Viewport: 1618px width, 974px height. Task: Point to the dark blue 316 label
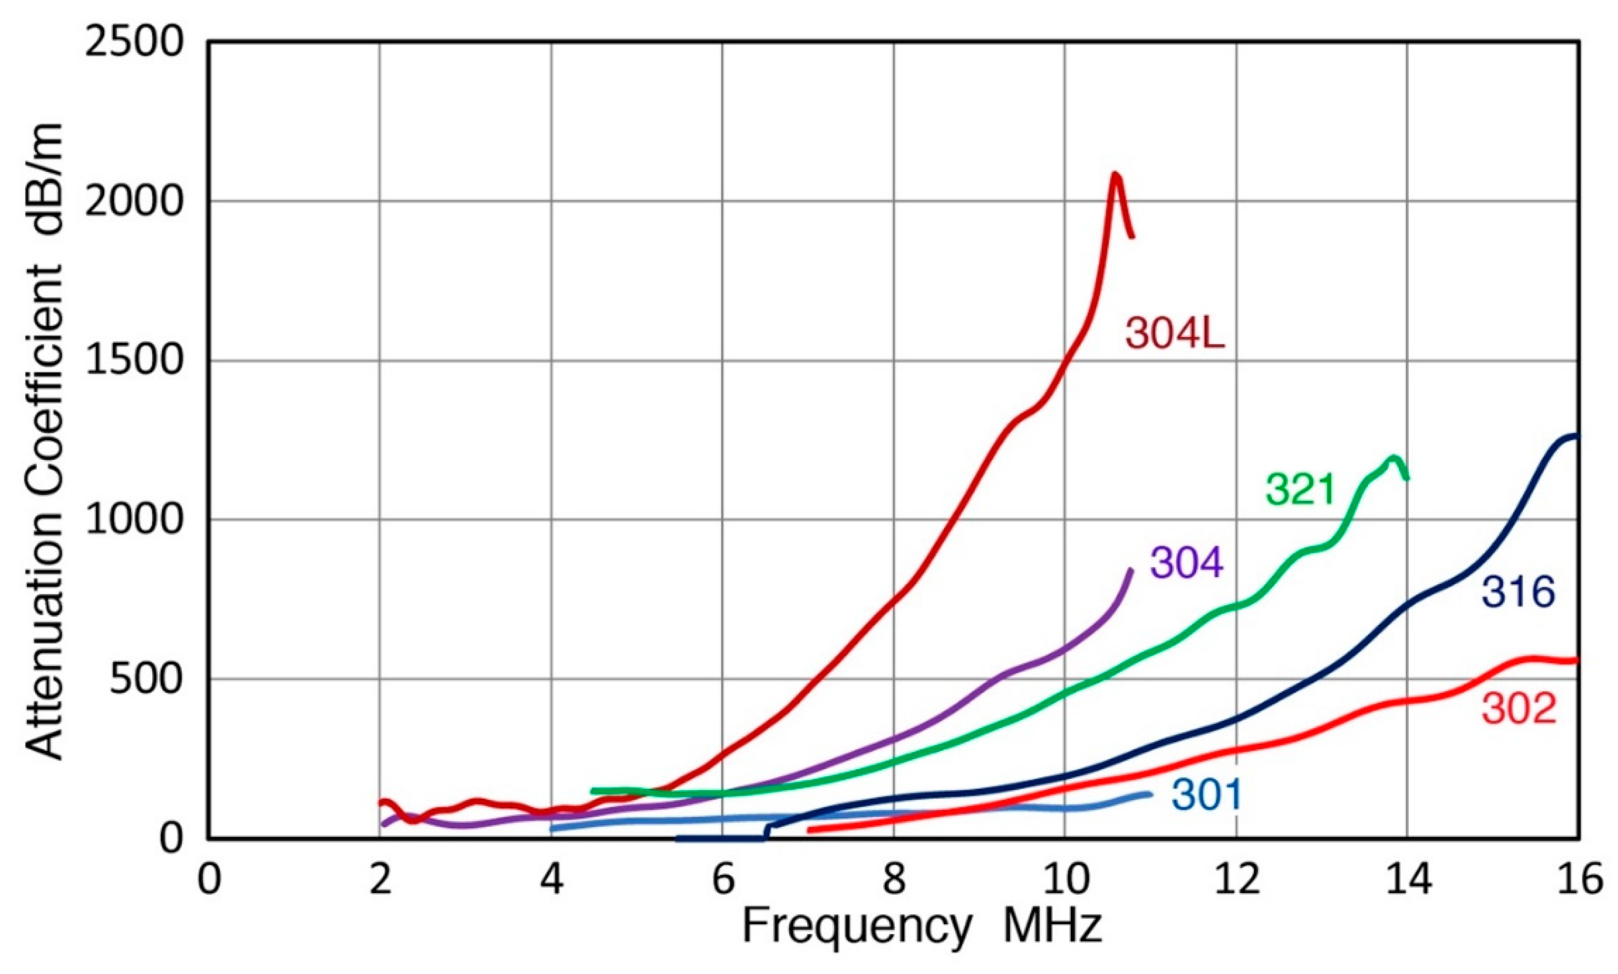point(1518,592)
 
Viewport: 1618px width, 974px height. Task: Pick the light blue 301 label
point(1206,795)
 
